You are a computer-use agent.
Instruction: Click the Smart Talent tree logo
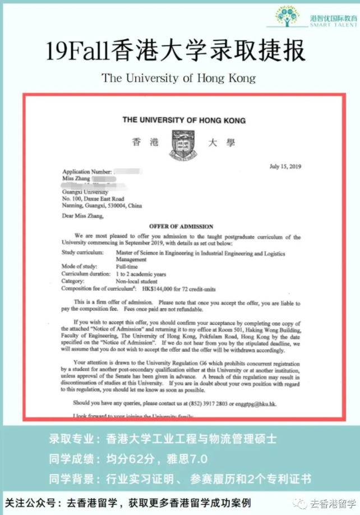pos(288,16)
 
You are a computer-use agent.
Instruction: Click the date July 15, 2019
pos(285,166)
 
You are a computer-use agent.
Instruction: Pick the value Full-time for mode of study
pos(127,268)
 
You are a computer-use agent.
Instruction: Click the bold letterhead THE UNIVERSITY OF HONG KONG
pos(184,120)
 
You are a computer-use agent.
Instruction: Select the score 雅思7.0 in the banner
pos(187,460)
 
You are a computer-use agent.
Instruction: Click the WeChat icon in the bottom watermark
pos(303,503)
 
